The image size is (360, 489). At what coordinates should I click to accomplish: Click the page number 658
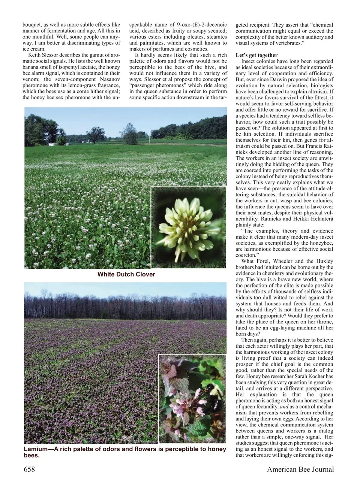[29, 469]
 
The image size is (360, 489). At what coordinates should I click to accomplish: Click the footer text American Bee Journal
[300, 469]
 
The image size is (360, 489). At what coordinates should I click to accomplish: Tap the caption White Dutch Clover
[126, 274]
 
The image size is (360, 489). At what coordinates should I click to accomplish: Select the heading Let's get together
[256, 55]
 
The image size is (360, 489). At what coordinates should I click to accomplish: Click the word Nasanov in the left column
[105, 79]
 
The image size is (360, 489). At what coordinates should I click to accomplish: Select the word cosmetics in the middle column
[195, 49]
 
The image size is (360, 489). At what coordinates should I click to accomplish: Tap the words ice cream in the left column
[34, 49]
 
